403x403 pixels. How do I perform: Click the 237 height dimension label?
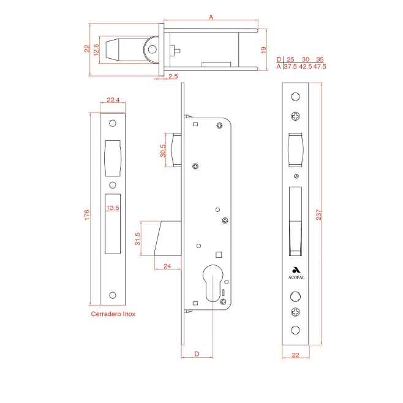[318, 214]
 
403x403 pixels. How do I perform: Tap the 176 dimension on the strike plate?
[87, 215]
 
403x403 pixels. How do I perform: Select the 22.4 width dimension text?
[113, 100]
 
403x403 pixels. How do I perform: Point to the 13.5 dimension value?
[113, 208]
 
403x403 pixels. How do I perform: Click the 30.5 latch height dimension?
[163, 151]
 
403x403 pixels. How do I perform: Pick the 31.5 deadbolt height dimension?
[138, 239]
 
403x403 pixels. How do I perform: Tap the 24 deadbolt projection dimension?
[167, 266]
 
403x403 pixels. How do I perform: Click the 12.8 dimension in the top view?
[96, 50]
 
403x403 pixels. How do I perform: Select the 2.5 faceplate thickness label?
[173, 76]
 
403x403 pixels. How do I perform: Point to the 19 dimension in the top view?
[263, 50]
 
